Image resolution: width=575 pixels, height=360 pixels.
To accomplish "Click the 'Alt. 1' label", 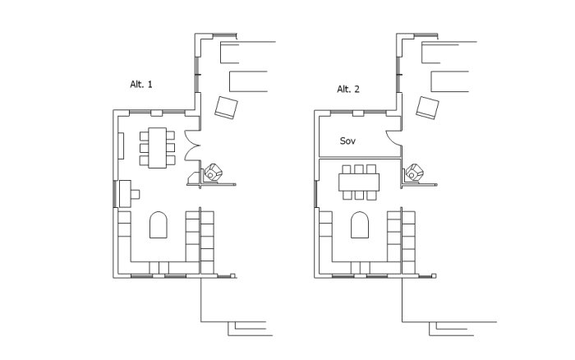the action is click(x=140, y=85).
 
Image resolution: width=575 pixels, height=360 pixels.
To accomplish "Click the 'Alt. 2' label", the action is click(x=348, y=89).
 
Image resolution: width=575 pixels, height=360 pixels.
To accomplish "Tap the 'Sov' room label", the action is click(x=347, y=141).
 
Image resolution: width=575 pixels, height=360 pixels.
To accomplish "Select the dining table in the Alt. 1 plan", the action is click(x=158, y=148).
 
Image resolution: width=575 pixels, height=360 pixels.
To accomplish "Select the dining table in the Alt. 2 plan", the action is click(x=359, y=182).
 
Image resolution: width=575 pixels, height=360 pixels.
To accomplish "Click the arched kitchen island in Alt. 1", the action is click(x=159, y=225).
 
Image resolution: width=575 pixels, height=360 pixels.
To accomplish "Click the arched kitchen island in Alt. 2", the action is click(x=360, y=225).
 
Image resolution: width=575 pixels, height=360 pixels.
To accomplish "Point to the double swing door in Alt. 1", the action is click(x=191, y=145).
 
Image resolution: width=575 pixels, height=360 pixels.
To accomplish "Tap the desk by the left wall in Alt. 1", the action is click(x=126, y=193).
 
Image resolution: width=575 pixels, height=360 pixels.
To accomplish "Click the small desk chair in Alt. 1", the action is click(x=136, y=194).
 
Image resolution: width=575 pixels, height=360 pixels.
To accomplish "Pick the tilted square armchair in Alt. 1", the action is click(x=226, y=108).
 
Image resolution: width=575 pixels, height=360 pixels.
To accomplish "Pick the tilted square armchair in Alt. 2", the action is click(x=428, y=108).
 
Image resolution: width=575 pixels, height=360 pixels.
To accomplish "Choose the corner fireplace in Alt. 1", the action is click(x=213, y=173).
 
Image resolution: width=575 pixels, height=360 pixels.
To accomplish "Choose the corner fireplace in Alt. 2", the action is click(x=414, y=173).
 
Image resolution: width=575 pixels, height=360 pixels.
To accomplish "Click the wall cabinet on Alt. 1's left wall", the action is click(x=121, y=145).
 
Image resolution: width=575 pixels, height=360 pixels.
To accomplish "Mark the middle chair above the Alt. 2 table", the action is click(x=359, y=169).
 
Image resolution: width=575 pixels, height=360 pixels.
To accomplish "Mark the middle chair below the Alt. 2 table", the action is click(x=359, y=196).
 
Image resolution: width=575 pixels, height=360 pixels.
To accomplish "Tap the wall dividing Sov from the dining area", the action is click(x=360, y=158).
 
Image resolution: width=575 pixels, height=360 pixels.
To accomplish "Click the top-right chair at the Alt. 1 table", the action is click(x=171, y=136).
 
